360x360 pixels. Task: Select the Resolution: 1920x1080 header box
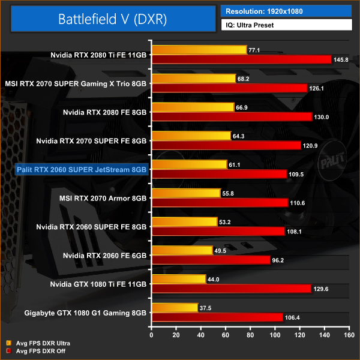coord(286,11)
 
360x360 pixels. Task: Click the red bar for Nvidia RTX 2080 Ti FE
coord(241,59)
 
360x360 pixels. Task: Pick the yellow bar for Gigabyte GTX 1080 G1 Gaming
coord(175,308)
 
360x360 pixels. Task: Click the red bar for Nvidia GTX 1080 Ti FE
coord(232,289)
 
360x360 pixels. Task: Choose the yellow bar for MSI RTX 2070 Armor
coord(186,193)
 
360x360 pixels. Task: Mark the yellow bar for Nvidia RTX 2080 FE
coord(193,107)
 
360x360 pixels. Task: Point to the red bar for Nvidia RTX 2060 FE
coord(211,260)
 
